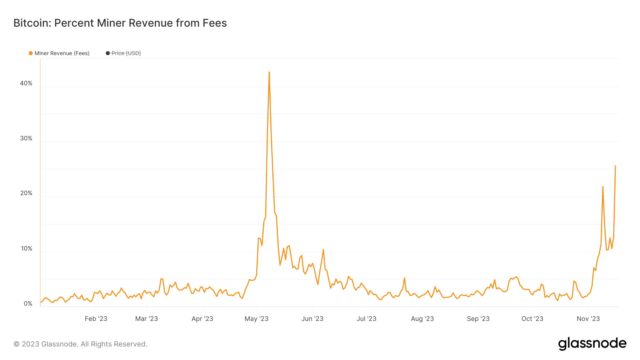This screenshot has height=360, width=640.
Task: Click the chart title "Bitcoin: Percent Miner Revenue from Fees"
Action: [120, 23]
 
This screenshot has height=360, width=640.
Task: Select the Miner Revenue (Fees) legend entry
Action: [59, 53]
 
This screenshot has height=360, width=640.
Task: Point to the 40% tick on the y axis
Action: [26, 84]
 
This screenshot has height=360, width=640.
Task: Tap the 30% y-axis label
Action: [26, 139]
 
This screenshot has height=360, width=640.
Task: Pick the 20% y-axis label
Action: [26, 193]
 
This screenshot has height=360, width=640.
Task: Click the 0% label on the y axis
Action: [28, 303]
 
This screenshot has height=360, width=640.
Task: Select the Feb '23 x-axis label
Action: [96, 319]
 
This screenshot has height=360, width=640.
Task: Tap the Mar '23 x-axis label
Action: [146, 319]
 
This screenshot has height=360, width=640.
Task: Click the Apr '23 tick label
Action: [202, 319]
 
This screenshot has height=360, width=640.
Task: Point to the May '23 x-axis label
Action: [256, 319]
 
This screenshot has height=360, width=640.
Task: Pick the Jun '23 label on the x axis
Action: [312, 319]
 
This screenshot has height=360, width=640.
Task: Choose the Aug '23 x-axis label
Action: [422, 319]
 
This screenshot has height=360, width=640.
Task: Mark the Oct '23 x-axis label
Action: [532, 319]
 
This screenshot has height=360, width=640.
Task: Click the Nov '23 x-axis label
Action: [588, 319]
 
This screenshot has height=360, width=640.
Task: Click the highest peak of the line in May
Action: [269, 72]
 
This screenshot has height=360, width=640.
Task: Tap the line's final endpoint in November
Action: [615, 166]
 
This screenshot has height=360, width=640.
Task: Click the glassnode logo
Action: [592, 344]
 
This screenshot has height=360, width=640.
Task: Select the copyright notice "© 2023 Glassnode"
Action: [80, 344]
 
